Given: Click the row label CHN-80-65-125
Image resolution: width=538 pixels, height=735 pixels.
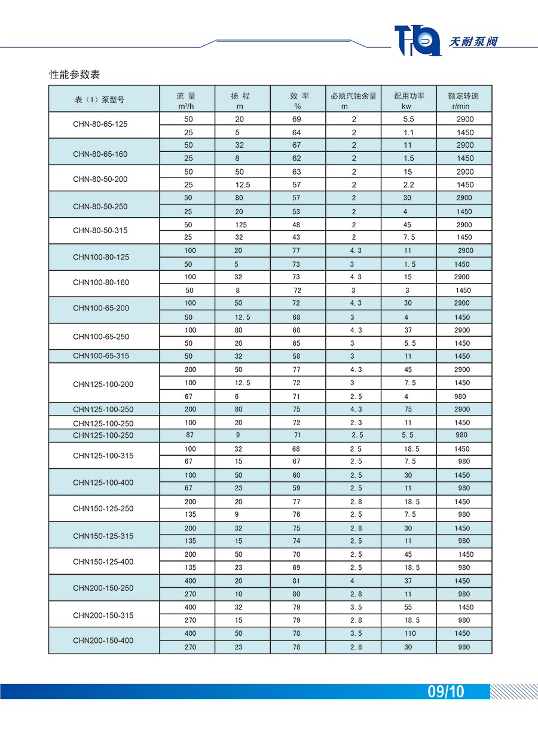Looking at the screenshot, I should (x=100, y=124).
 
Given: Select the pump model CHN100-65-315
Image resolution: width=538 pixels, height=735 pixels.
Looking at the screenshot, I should (x=101, y=356).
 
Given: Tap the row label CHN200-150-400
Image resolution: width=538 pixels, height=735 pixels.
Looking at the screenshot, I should (x=103, y=641).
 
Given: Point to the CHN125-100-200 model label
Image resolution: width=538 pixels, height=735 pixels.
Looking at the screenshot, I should (x=103, y=384).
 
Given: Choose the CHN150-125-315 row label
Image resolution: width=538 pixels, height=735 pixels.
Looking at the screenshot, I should (x=103, y=536).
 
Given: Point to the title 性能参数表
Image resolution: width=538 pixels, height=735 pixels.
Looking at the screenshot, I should (x=74, y=74).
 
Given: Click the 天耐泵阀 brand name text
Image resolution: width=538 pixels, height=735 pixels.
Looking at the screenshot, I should (x=473, y=42).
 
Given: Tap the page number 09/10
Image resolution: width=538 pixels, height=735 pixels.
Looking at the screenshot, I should (x=446, y=692).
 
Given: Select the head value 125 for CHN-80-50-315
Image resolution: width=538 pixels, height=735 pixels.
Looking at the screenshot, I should (x=240, y=225).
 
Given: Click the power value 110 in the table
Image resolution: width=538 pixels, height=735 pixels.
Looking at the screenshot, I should (x=408, y=633).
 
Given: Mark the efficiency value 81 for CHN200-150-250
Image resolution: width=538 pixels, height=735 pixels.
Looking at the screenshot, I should (x=297, y=581).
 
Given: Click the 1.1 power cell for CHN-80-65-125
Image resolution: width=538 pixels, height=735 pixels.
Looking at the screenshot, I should (x=408, y=132).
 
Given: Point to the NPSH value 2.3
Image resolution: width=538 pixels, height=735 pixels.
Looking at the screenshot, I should (x=356, y=422).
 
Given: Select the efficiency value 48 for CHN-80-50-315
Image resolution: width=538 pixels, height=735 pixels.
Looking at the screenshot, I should (x=297, y=225).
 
